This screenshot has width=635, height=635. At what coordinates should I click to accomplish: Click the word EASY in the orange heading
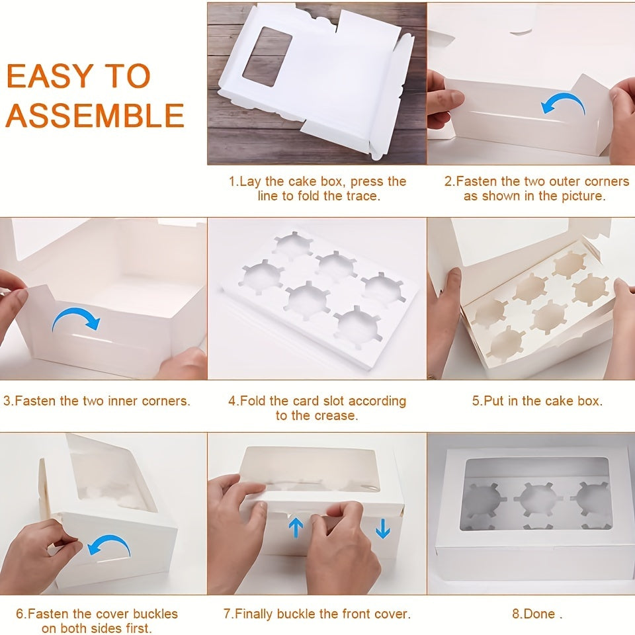(x=50, y=75)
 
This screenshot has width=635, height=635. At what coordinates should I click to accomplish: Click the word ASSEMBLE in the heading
(x=95, y=115)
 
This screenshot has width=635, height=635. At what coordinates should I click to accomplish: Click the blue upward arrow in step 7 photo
(x=296, y=528)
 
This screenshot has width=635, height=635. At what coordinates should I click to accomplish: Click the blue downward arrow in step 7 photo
(x=382, y=528)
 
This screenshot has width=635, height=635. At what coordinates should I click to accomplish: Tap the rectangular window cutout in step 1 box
(x=267, y=56)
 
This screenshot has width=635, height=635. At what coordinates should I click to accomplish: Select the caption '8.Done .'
(x=537, y=614)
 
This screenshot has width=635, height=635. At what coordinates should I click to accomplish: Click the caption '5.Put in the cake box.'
(x=537, y=401)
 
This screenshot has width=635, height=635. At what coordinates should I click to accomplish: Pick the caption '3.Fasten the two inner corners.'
(x=97, y=401)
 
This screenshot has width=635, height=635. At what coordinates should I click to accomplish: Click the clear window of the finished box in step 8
(x=537, y=493)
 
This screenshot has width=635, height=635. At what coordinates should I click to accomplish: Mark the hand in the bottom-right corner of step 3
(x=183, y=364)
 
